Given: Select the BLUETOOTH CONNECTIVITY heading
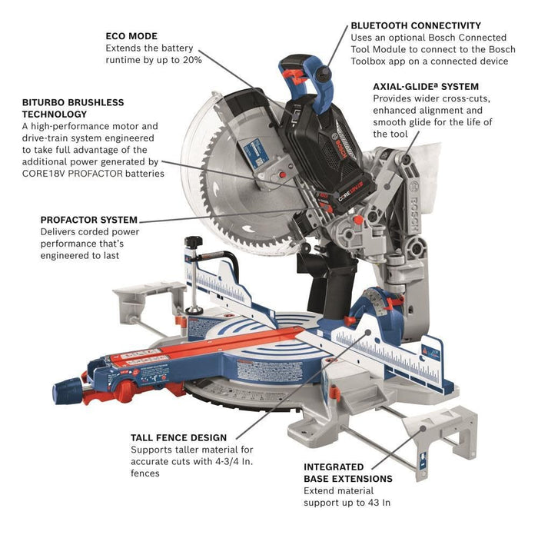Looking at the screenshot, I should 416,25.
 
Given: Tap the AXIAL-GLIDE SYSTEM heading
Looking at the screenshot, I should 426,86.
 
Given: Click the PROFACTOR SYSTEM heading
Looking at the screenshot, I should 89,220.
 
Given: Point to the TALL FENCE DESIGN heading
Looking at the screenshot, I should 178,437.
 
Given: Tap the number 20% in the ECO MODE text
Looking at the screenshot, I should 191,59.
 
